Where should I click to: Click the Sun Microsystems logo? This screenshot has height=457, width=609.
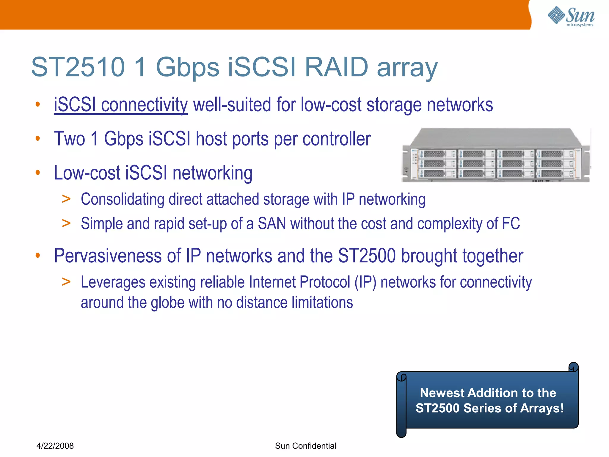click(571, 16)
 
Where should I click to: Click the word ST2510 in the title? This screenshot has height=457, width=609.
click(78, 67)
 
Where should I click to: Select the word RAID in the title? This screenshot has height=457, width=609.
click(336, 67)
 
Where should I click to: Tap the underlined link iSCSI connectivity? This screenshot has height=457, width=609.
click(121, 105)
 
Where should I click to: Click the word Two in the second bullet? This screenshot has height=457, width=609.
click(69, 139)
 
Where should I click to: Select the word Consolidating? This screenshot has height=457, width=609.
click(122, 199)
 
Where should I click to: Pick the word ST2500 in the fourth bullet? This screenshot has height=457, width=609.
click(367, 256)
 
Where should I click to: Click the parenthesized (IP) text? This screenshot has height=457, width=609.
click(365, 282)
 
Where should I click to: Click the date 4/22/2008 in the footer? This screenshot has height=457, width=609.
click(55, 446)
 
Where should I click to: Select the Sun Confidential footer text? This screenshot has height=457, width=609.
click(305, 446)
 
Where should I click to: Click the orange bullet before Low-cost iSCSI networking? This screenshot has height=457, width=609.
click(37, 173)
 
